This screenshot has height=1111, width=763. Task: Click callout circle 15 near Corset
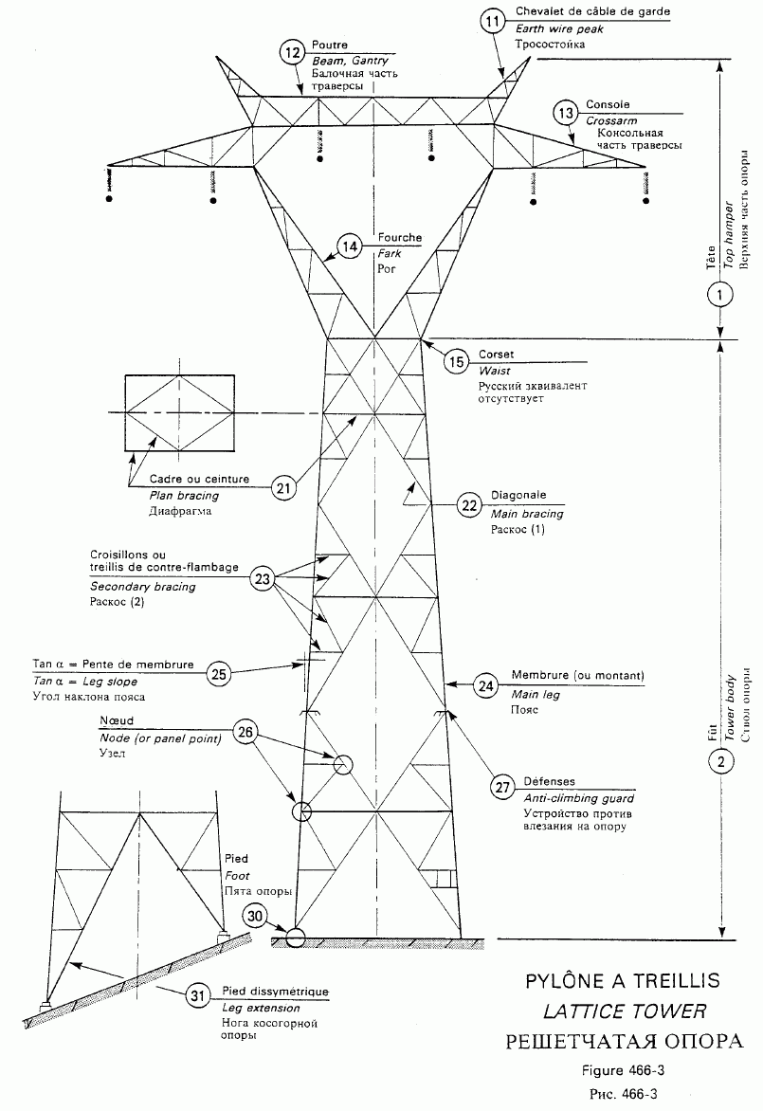pyautogui.click(x=457, y=361)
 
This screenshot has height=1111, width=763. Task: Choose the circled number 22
pyautogui.click(x=469, y=505)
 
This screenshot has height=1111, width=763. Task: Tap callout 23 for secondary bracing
pyautogui.click(x=263, y=577)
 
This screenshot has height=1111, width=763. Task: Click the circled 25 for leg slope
pyautogui.click(x=219, y=674)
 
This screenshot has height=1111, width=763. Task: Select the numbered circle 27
pyautogui.click(x=501, y=786)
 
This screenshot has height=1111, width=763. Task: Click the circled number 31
pyautogui.click(x=197, y=995)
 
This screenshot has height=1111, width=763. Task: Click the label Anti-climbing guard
pyautogui.click(x=579, y=798)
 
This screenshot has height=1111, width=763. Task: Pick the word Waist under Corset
pyautogui.click(x=495, y=372)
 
